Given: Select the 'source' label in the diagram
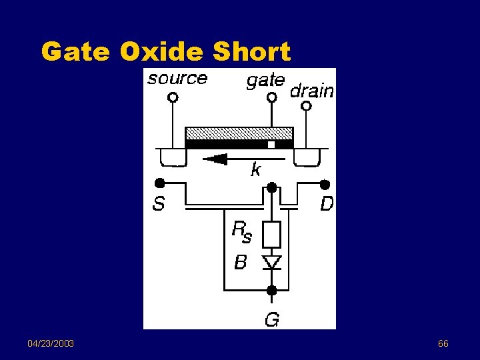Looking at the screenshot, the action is pos(177,79).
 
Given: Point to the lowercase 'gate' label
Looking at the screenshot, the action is pos(265,81).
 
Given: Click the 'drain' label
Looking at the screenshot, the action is pos(312,91).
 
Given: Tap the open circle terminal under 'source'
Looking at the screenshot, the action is pos(173,97).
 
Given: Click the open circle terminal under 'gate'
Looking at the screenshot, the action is pos(271,97).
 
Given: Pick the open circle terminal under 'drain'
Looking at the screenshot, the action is pos(307,105).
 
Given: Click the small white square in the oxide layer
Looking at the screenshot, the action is pos(271,144).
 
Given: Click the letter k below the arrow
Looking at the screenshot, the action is pos(255,170).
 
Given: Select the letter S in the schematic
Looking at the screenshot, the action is pos(158,203).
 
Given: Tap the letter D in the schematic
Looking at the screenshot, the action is pos(327,203).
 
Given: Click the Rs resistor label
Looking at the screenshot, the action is pos(241,231).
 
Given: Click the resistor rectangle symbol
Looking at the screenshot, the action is pos(272,235).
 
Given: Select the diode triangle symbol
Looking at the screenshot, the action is pos(272,261).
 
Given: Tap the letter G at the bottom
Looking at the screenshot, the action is pos(272,320).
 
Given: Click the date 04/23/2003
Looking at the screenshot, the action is pos(51,343).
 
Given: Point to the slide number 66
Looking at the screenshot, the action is pos(443,343).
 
